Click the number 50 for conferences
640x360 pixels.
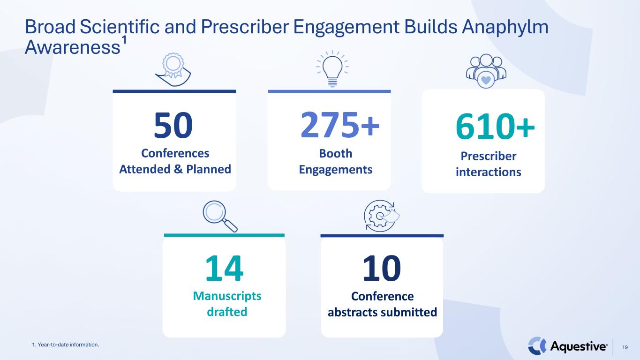pos(173,126)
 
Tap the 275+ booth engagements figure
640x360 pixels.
pos(340,125)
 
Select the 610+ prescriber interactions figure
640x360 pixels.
pos(495,126)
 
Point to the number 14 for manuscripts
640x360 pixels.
pos(224,269)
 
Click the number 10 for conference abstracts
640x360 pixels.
pos(382,269)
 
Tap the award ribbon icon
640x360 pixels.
pos(173,69)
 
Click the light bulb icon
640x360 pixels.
pos(332,68)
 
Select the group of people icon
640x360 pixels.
pos(486,71)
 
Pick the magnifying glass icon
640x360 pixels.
pos(220,216)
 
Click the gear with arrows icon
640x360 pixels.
pos(382,216)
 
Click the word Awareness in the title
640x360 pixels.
pos(73,47)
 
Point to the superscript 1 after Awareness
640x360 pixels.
pos(124,40)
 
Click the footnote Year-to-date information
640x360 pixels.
pos(66,345)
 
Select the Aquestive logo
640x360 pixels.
pos(567,346)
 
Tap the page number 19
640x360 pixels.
pos(625,347)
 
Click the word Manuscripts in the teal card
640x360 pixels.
pos(227,296)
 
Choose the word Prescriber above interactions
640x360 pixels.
pos(489,156)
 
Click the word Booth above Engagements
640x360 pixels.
pos(336,153)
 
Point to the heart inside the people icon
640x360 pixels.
pos(486,80)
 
